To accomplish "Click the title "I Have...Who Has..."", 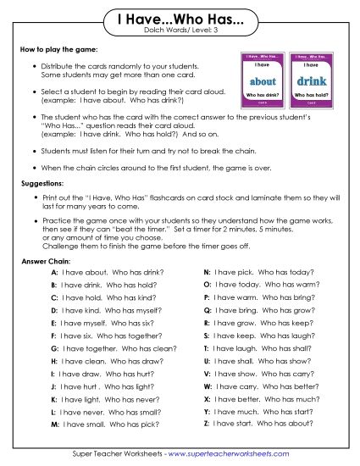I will pos(179,19).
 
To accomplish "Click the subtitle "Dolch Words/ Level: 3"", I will pos(180,31).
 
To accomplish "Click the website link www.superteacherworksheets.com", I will pos(241,455).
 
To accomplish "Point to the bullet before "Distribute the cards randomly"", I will pos(33,64).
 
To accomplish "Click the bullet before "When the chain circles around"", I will pos(33,167).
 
